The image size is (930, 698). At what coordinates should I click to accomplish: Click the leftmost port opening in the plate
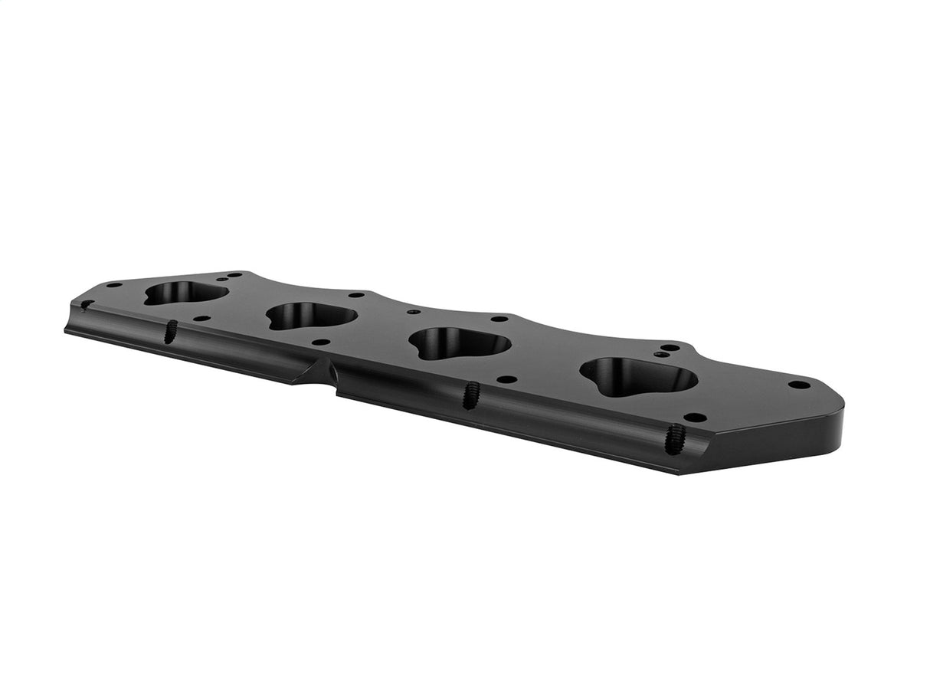tap(185, 292)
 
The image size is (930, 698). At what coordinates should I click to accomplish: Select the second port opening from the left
tap(311, 316)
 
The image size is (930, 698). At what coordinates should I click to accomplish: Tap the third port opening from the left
tap(458, 342)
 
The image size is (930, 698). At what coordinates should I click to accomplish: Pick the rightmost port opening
tap(637, 376)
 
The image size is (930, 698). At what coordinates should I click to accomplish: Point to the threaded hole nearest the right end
tap(674, 438)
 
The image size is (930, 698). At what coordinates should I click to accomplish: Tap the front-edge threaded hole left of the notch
tap(170, 331)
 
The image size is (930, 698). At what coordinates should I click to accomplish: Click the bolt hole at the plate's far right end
tap(798, 385)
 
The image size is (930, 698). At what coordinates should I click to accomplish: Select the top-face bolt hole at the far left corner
tap(114, 285)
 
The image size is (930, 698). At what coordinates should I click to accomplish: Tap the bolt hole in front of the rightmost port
tap(695, 418)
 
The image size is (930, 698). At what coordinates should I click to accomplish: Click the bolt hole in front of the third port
tap(506, 379)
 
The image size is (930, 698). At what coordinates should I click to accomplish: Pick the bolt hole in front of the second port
tap(321, 342)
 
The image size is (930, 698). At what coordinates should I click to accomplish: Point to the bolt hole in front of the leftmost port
tap(201, 318)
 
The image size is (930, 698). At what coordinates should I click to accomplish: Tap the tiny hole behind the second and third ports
tap(414, 312)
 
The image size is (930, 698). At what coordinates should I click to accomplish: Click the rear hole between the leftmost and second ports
tap(355, 294)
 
